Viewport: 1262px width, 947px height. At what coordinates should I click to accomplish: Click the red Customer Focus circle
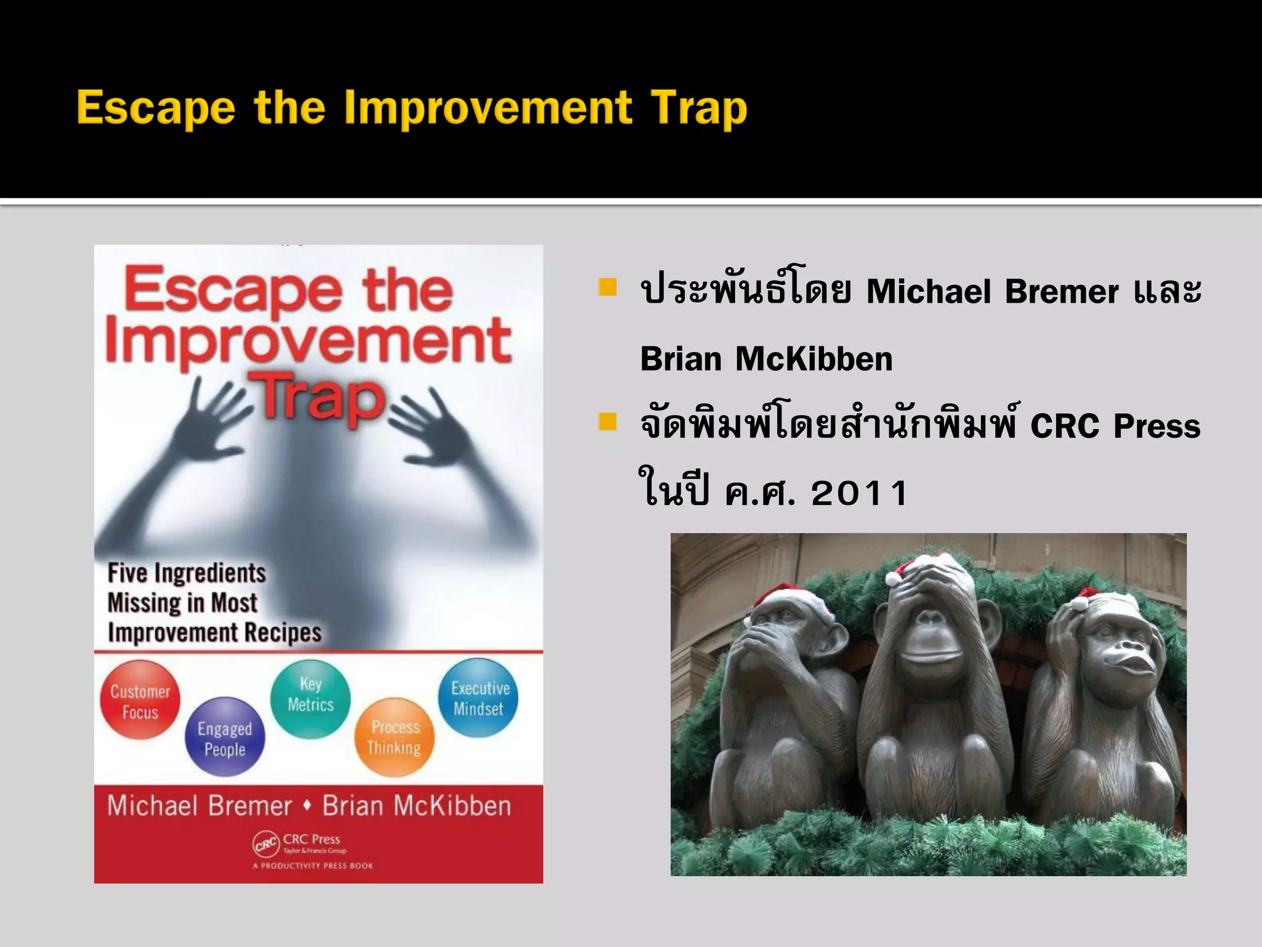click(140, 700)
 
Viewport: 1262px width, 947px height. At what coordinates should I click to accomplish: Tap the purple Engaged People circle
click(225, 737)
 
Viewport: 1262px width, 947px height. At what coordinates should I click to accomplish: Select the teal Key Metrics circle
click(310, 698)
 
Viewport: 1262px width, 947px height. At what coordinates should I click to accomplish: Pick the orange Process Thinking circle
click(394, 737)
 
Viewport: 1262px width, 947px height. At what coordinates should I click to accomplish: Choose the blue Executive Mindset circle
click(478, 698)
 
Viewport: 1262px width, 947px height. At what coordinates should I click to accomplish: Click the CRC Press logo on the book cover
click(266, 844)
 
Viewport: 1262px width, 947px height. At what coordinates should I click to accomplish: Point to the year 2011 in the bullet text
click(859, 493)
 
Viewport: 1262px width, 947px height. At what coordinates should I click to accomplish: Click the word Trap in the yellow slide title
click(699, 109)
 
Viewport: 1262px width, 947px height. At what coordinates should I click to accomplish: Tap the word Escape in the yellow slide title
click(156, 109)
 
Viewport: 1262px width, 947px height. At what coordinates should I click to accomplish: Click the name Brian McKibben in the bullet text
click(766, 359)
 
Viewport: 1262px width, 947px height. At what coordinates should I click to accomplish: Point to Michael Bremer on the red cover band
click(199, 806)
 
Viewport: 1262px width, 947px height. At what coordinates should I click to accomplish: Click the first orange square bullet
click(608, 287)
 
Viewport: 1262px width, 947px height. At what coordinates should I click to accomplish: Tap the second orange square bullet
click(608, 422)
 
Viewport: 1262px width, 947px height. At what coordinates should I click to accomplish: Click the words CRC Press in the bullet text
click(1115, 426)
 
